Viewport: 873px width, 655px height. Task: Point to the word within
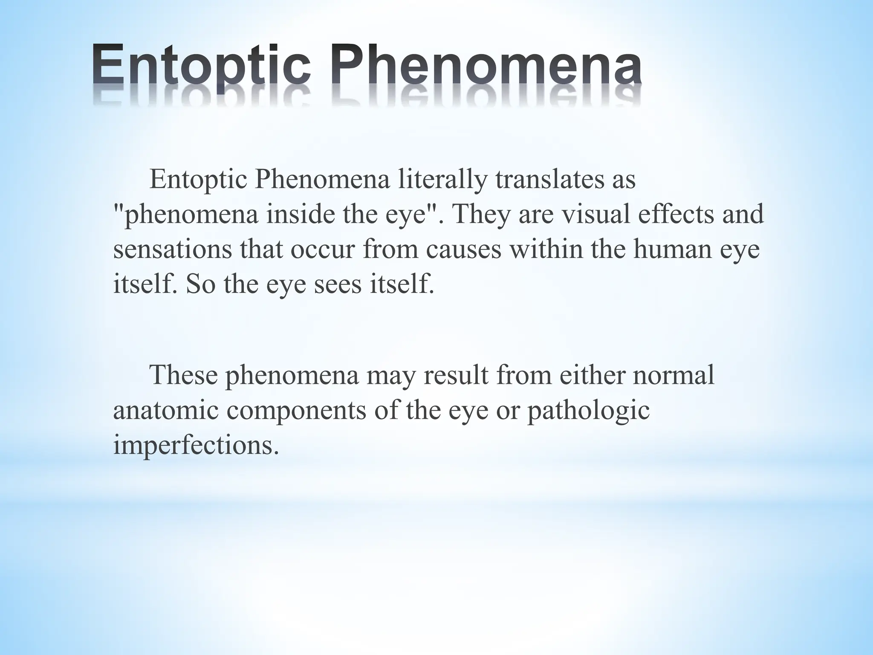546,249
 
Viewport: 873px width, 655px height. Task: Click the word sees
338,284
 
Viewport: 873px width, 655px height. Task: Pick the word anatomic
166,411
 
